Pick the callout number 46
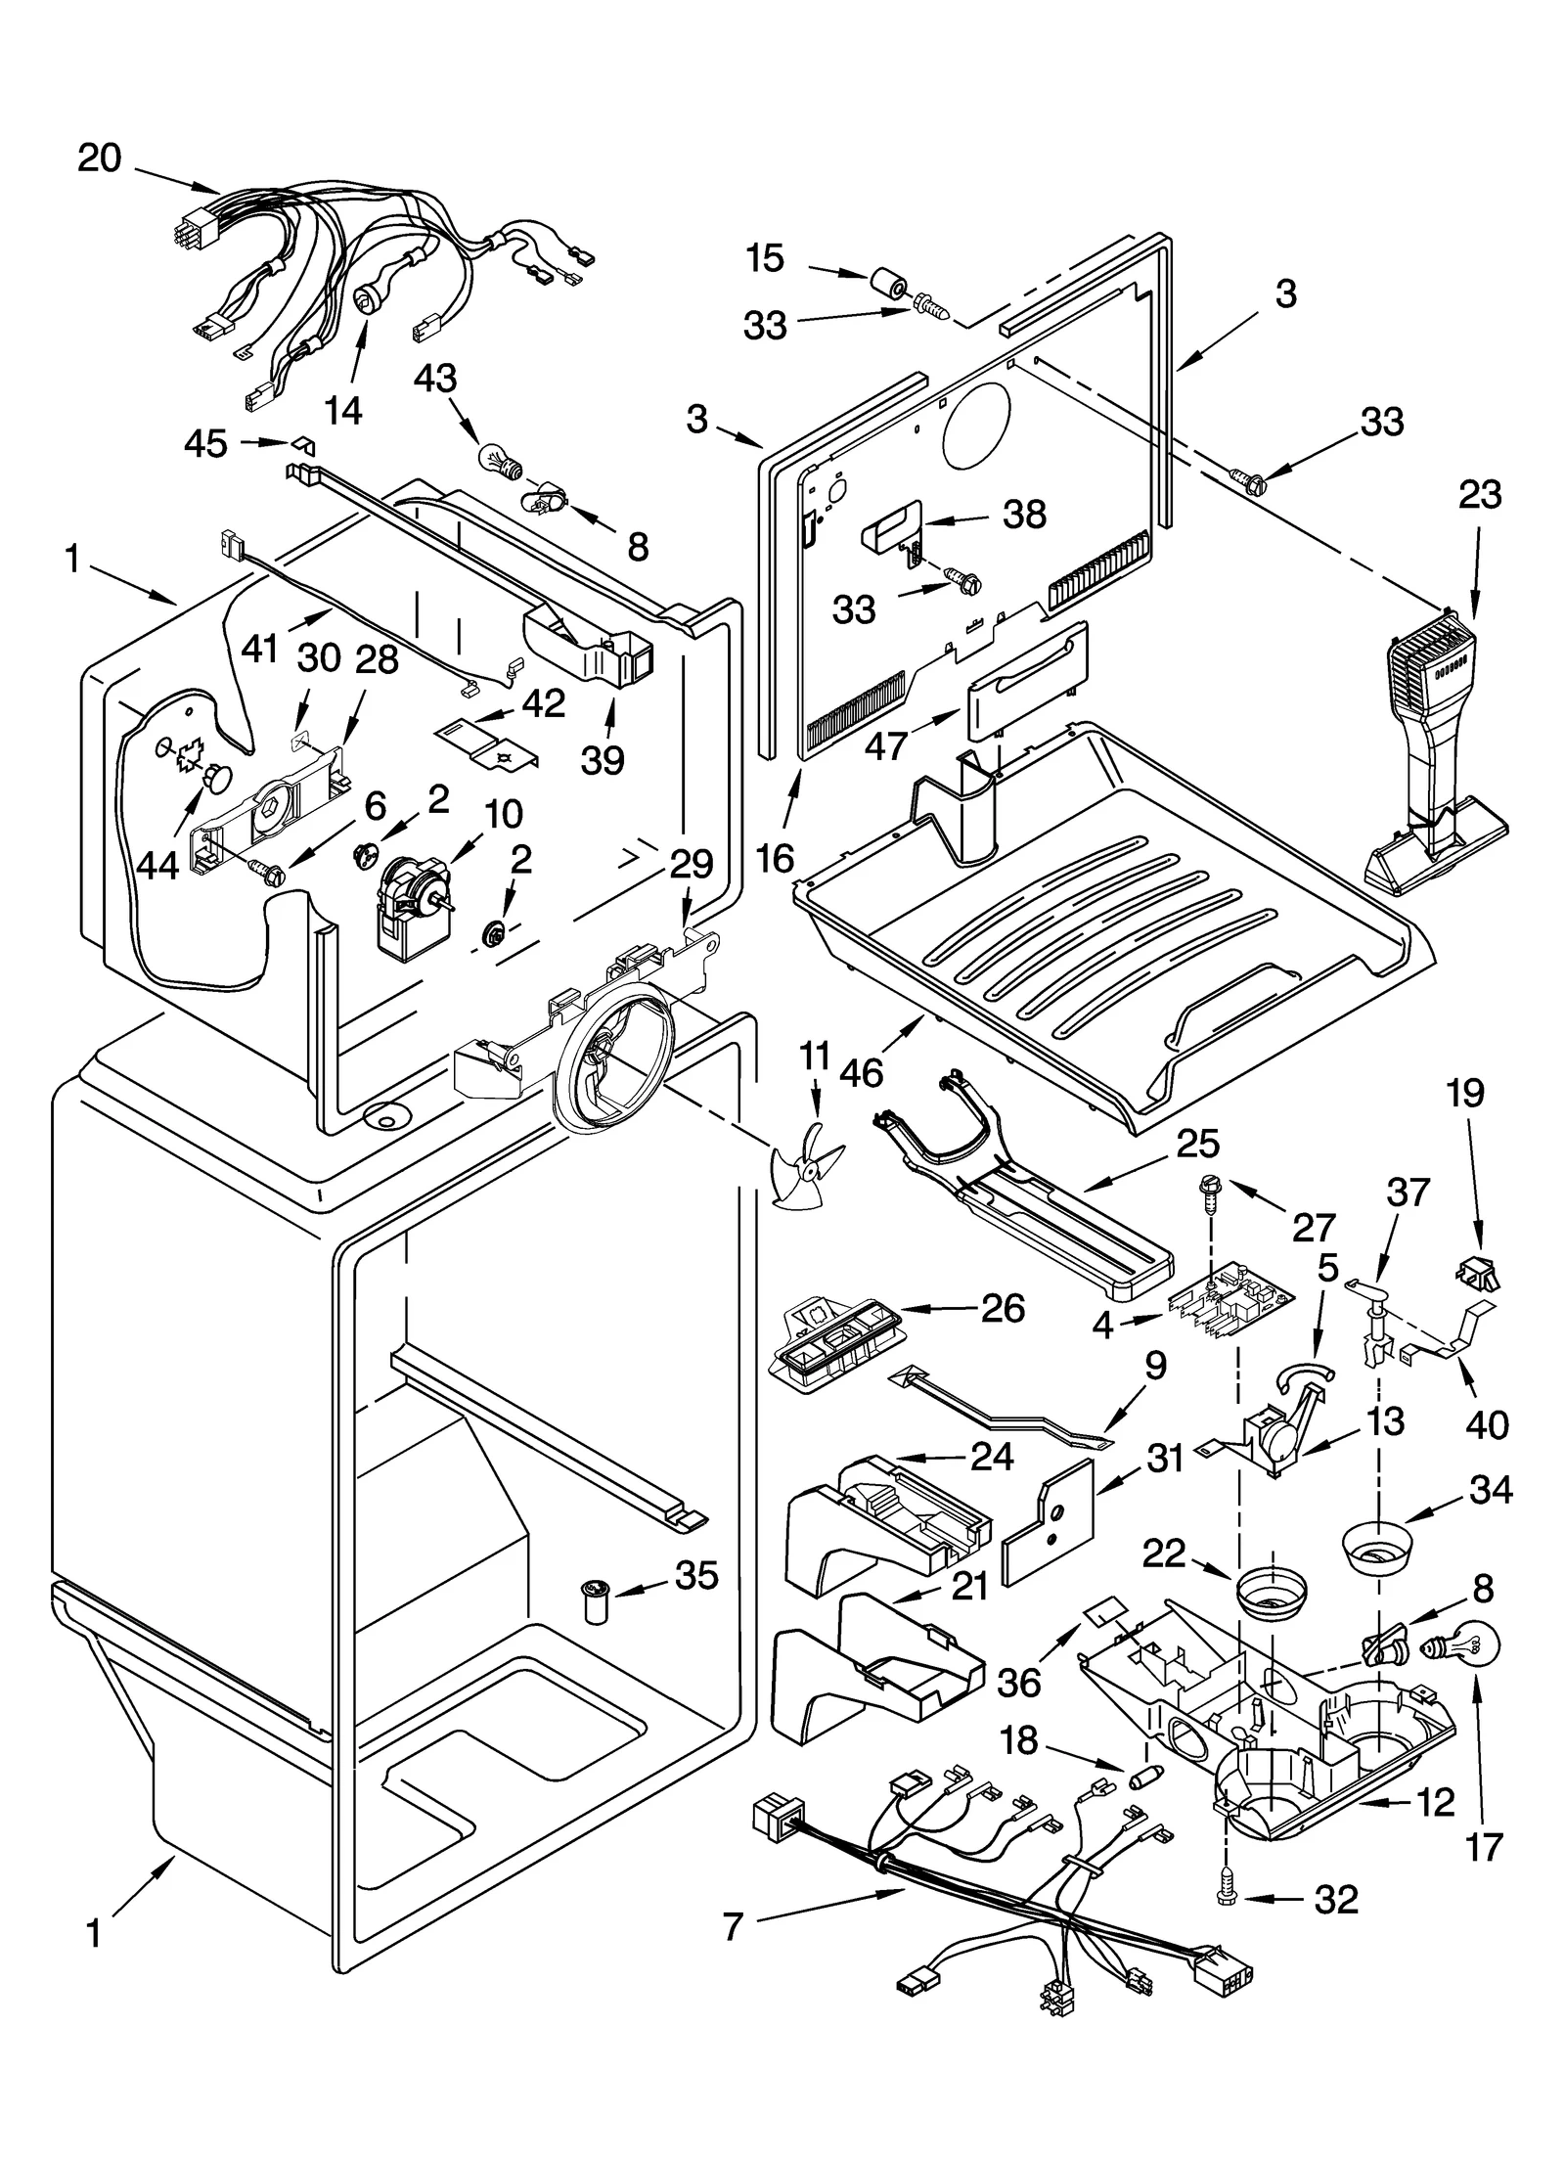(x=861, y=1073)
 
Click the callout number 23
(x=1479, y=495)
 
